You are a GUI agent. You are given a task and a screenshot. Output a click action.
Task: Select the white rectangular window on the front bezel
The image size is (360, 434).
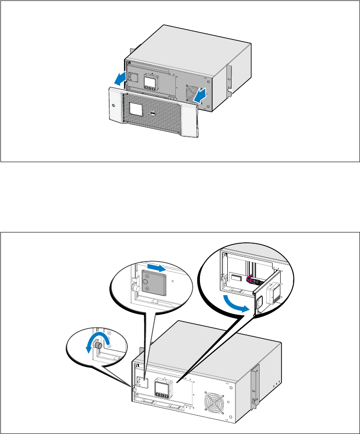click(x=136, y=108)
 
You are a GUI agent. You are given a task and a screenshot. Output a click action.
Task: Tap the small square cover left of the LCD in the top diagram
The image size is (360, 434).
click(x=134, y=77)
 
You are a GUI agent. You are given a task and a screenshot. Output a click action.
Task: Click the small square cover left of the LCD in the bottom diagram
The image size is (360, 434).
click(x=143, y=381)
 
